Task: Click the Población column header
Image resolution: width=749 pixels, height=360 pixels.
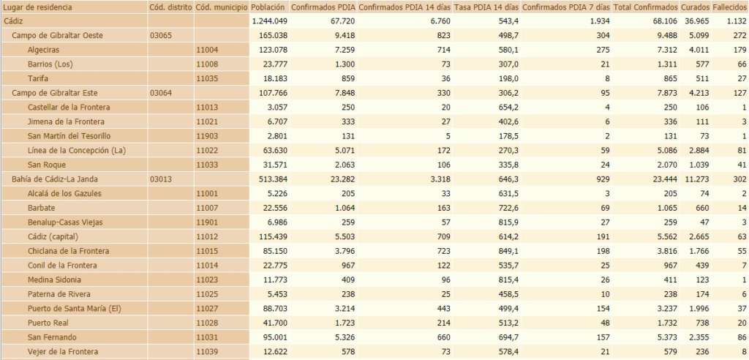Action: (x=267, y=7)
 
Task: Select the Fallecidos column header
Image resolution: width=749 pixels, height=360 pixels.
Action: (x=729, y=7)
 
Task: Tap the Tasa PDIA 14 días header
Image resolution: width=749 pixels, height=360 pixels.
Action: (x=486, y=7)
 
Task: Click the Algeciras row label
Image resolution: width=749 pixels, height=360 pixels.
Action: (x=43, y=50)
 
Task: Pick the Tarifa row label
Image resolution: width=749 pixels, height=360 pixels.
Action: (x=38, y=78)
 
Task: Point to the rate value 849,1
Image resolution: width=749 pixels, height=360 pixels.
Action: (x=505, y=251)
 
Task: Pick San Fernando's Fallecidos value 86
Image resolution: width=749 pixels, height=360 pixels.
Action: (x=740, y=337)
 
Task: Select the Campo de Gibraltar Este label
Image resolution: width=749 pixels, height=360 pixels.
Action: (x=55, y=93)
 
